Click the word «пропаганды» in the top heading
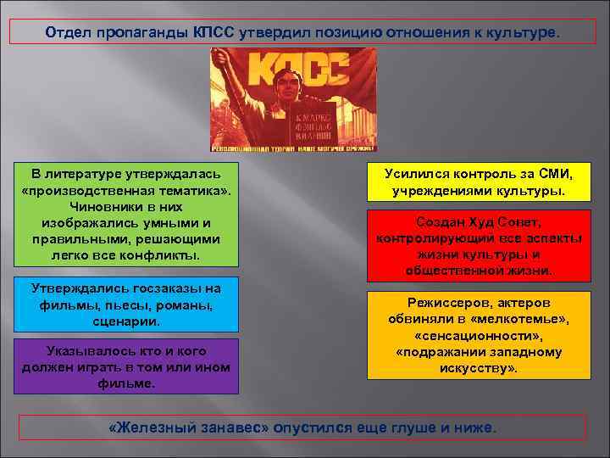[x=141, y=32]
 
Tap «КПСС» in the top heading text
[x=219, y=32]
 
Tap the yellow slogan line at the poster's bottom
[x=293, y=147]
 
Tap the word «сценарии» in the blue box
[x=125, y=321]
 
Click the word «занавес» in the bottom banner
[x=236, y=427]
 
